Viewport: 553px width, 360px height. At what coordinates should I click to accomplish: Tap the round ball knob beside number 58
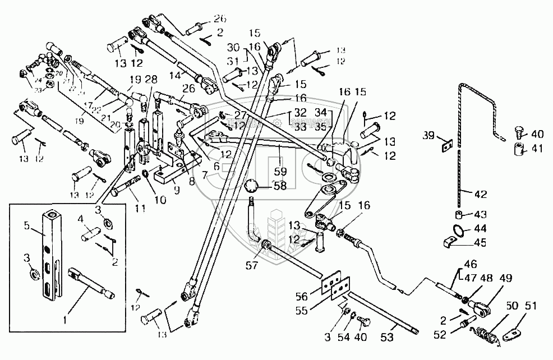254,186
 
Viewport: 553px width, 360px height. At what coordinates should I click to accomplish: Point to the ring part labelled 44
458,230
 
